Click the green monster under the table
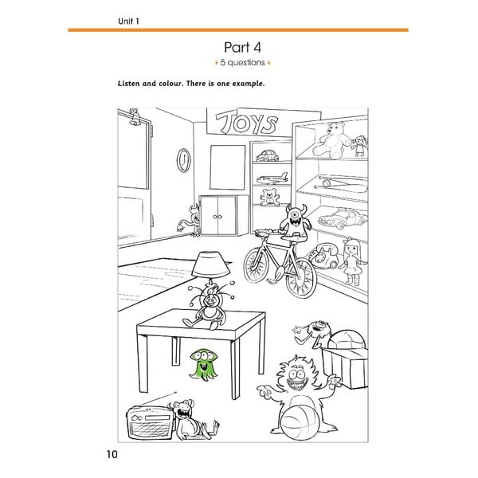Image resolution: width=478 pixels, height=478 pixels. pos(202,364)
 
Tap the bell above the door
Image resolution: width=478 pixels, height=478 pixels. pos(135,117)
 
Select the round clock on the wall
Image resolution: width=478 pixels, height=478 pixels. pos(184,160)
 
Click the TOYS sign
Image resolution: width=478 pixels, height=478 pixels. pos(246,123)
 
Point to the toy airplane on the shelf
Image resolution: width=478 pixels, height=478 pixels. pos(272,178)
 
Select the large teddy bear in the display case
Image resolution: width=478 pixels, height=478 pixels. pos(332,140)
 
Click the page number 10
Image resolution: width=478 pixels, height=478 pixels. pos(112,454)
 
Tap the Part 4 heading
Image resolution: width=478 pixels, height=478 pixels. pos(243,47)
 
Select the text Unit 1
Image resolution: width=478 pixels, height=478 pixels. pos(128,21)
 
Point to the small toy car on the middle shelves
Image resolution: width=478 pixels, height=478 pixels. pos(268,155)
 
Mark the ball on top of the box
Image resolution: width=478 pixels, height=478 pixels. pos(346,339)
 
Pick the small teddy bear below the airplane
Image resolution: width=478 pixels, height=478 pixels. pos(269,197)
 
